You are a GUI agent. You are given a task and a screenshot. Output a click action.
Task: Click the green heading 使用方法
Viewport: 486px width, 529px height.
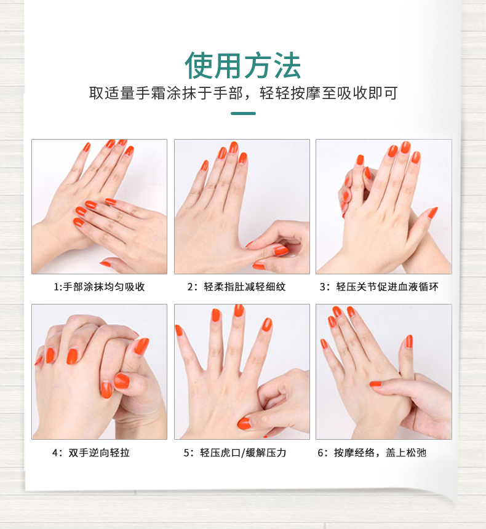[242, 66]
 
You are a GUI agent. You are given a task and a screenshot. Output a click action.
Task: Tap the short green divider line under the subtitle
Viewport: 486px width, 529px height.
[243, 113]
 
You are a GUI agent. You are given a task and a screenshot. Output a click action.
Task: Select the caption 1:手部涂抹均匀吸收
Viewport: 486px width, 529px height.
[99, 287]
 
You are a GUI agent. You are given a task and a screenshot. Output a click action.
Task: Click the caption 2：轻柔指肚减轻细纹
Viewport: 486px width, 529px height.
[237, 287]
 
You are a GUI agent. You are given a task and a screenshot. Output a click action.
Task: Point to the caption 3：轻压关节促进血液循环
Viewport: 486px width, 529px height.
[379, 287]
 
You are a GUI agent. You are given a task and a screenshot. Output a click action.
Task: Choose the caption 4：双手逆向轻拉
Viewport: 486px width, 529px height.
[91, 452]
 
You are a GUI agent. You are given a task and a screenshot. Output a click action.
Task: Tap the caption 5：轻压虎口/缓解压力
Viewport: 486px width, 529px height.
[235, 452]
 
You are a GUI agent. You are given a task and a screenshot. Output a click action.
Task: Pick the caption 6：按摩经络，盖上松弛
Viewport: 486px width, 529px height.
[372, 452]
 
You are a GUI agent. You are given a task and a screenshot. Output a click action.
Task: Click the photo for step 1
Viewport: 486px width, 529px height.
[99, 207]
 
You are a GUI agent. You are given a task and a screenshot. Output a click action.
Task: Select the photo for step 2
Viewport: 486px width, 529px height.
[242, 207]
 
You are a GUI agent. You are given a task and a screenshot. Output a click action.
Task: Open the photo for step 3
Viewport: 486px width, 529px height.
[384, 207]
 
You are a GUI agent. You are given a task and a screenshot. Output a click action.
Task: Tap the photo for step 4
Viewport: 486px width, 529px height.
[99, 372]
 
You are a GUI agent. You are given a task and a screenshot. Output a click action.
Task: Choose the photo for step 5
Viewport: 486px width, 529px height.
[242, 372]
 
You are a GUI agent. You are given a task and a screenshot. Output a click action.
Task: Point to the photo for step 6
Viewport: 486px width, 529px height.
[384, 372]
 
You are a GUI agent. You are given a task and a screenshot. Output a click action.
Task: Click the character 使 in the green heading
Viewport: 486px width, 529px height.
[199, 66]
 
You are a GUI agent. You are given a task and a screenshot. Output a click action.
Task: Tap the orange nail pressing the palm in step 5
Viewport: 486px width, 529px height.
[244, 424]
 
